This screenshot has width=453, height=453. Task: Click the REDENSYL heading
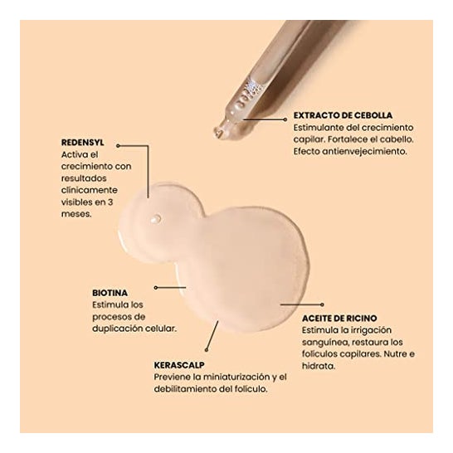[83, 143]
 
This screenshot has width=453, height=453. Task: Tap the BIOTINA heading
[110, 293]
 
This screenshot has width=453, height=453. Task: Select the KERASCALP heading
[179, 365]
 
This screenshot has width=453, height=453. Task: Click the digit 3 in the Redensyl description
[110, 202]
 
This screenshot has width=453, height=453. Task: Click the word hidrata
[319, 366]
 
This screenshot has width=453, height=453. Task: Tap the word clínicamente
[90, 190]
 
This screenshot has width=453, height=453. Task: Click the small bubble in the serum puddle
[156, 219]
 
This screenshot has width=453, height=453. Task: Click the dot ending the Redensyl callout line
[118, 146]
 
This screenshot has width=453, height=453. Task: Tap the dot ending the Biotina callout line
[156, 288]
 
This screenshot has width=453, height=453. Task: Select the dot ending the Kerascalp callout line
[207, 350]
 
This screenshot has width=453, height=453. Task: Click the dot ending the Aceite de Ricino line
[322, 304]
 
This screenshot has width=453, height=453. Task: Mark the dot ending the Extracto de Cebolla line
[285, 119]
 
